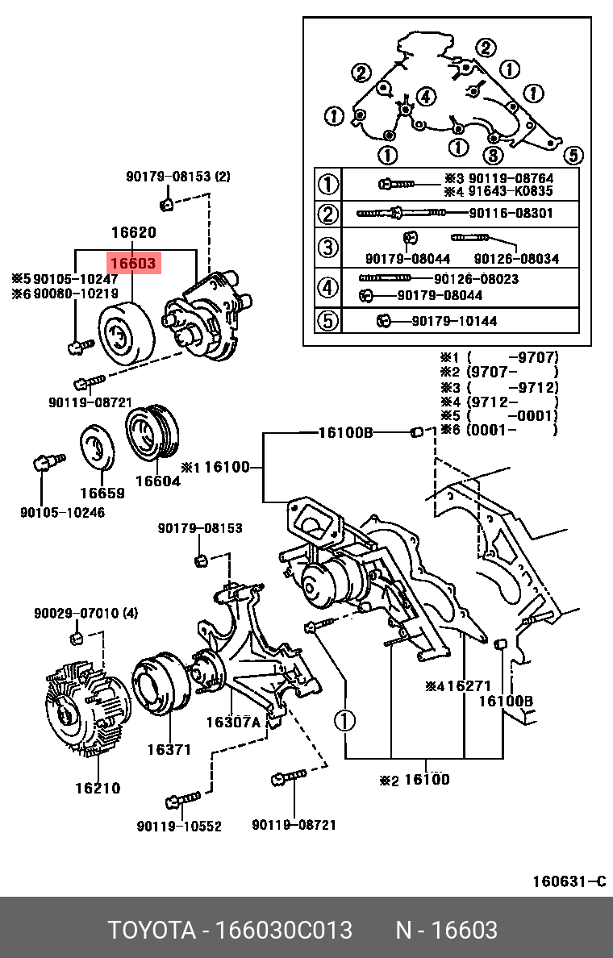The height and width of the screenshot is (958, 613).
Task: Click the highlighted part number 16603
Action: (133, 262)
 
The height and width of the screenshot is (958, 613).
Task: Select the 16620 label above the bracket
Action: (133, 233)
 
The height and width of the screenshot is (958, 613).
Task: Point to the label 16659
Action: (102, 494)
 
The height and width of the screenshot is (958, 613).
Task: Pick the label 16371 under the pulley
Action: (169, 750)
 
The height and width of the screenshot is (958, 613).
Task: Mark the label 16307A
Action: (233, 723)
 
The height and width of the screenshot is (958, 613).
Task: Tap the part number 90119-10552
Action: (179, 826)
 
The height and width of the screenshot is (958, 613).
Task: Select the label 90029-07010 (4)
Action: (85, 614)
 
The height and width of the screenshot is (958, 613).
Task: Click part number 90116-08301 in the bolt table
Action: (511, 214)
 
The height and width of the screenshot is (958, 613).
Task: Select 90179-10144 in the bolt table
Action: (454, 321)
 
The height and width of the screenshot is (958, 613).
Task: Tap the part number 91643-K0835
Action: (511, 192)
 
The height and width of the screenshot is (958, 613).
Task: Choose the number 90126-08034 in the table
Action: (516, 259)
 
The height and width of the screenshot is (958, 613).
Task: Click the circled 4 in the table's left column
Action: (327, 287)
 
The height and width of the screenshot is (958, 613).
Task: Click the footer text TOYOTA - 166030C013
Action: (231, 930)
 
